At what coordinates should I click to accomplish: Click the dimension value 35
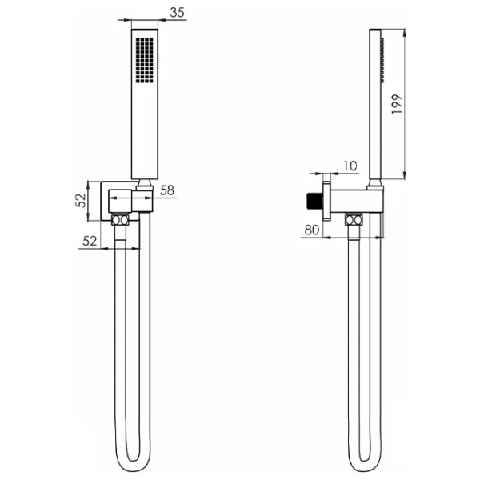(x=178, y=13)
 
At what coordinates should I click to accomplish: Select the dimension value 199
(x=397, y=104)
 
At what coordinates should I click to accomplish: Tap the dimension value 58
(x=167, y=190)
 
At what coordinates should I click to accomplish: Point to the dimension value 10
(x=350, y=166)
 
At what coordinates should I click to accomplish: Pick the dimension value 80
(x=312, y=230)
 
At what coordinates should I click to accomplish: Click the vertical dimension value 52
(x=81, y=201)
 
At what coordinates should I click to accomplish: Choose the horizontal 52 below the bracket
(x=90, y=242)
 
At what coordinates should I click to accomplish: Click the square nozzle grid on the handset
(x=145, y=60)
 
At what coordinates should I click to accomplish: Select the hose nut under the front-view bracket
(x=120, y=220)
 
